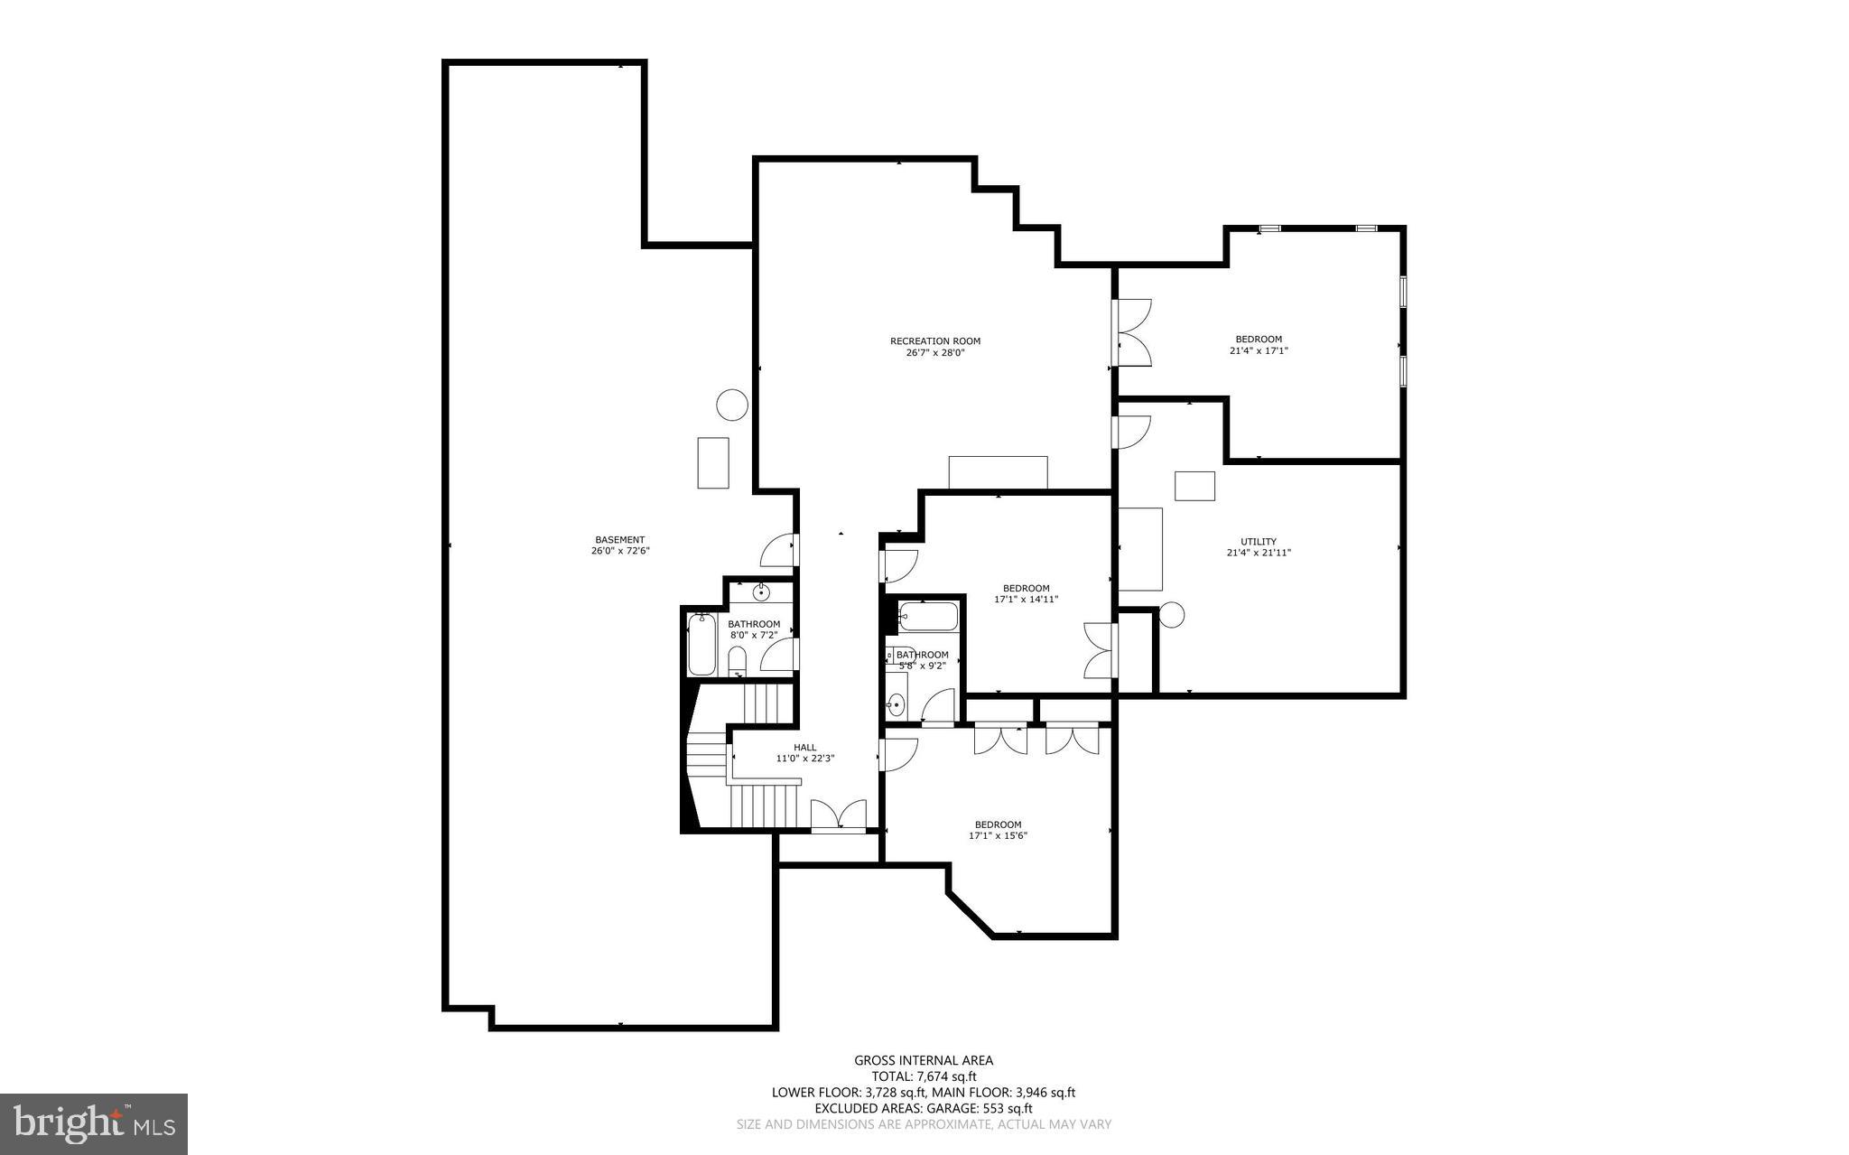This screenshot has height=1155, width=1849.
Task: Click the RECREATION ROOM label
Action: tap(934, 341)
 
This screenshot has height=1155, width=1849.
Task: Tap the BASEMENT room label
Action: tap(619, 540)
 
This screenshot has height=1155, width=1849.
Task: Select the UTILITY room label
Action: tap(1258, 542)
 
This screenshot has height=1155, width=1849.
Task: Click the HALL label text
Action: tap(804, 748)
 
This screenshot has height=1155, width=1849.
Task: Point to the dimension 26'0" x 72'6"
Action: tap(619, 551)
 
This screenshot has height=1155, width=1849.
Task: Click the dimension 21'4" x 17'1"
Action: tap(1258, 350)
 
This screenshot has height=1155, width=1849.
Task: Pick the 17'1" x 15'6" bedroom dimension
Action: tap(998, 836)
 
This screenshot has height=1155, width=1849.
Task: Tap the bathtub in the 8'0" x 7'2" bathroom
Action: tap(702, 644)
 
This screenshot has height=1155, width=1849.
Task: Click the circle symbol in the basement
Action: tap(732, 405)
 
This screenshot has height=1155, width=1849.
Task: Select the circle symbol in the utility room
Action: tap(1171, 615)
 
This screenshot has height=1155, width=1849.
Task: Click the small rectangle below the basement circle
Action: tap(713, 462)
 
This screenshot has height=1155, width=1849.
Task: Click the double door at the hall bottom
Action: tap(839, 815)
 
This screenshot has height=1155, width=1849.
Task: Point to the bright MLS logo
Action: tap(94, 1123)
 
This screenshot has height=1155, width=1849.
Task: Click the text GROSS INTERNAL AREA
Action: tap(924, 1061)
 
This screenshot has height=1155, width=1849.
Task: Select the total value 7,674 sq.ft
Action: tap(947, 1076)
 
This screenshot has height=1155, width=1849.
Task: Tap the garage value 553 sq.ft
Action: tap(1008, 1108)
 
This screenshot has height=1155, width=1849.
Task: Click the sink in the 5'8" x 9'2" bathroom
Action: tap(896, 704)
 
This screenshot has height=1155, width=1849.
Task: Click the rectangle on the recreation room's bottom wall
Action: tap(998, 473)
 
